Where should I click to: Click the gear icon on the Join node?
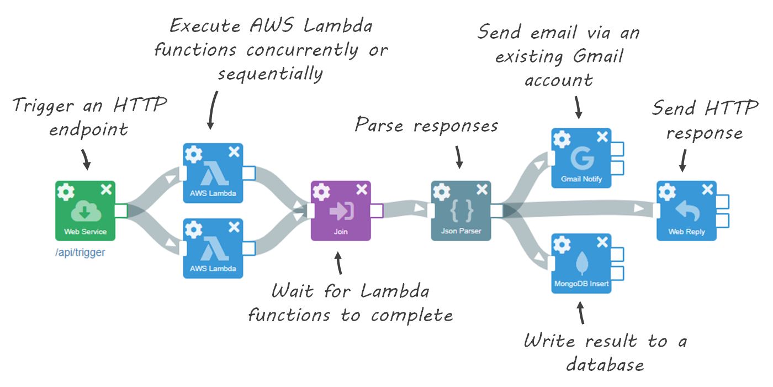(321, 192)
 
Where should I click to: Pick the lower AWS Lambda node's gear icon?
(193, 229)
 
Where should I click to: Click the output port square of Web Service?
(121, 211)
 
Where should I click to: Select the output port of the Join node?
(376, 211)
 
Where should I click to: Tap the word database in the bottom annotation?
(605, 364)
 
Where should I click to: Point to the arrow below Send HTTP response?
(682, 160)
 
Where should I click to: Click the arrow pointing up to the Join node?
(339, 263)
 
